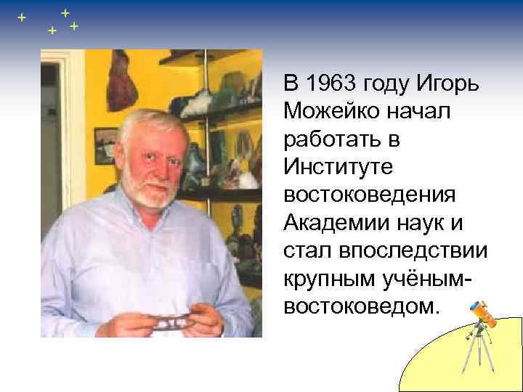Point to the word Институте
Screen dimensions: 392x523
(x=339, y=167)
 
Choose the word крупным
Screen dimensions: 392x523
(x=328, y=278)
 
